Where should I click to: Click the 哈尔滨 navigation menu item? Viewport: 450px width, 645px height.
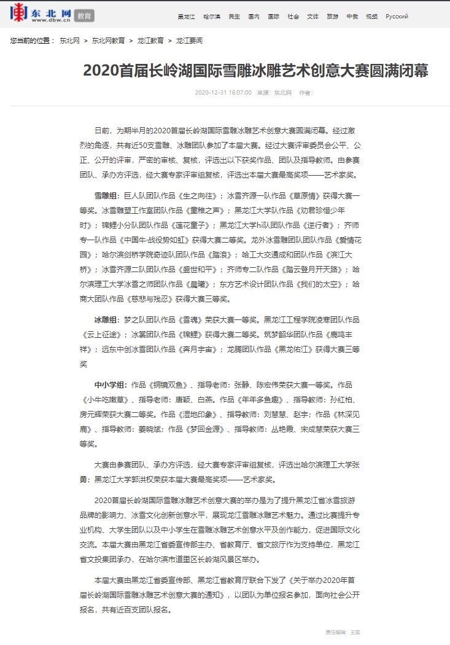tap(211, 17)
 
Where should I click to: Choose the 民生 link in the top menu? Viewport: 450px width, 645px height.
tap(234, 17)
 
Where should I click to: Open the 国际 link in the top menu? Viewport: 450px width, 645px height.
tap(273, 17)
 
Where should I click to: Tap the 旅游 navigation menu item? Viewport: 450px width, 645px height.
tap(332, 17)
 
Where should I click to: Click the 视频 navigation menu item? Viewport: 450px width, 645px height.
tap(371, 17)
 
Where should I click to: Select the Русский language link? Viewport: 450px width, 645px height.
tap(397, 17)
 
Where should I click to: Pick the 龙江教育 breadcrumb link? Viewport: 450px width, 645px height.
tap(150, 41)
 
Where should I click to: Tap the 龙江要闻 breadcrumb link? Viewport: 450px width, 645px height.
tap(189, 41)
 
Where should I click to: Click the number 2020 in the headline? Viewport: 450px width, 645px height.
tap(99, 71)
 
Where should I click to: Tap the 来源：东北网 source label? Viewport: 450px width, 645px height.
tap(274, 93)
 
